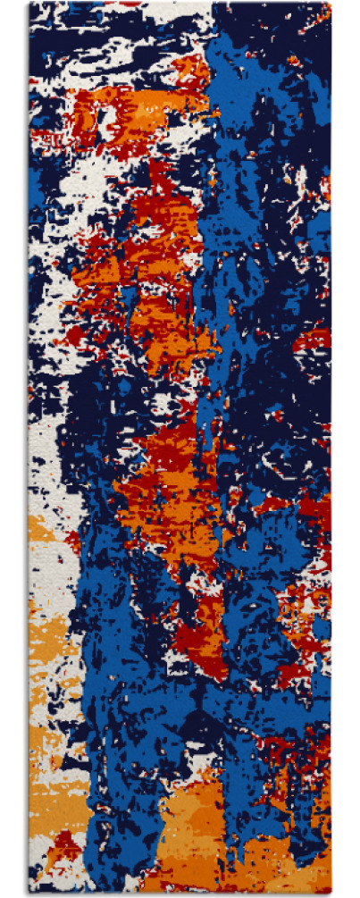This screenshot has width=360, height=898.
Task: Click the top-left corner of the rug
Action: [29, 3]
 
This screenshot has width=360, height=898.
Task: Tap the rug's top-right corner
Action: [331, 3]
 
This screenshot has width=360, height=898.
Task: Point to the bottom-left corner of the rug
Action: [29, 894]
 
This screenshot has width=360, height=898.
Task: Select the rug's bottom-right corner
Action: [331, 894]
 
